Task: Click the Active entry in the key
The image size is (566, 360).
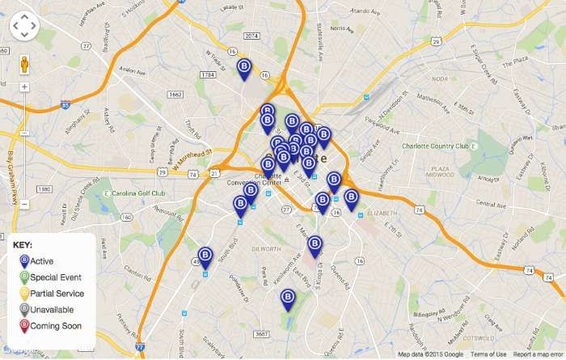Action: (41, 261)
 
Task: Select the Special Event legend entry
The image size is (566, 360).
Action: (55, 277)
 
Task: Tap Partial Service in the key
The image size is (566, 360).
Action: (57, 294)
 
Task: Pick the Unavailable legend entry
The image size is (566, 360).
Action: (52, 310)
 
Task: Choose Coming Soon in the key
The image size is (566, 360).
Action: (55, 326)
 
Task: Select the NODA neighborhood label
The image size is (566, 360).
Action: (440, 78)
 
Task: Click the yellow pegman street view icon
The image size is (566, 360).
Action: (24, 63)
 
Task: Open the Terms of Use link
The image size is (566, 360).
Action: (488, 354)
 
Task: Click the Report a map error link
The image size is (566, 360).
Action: (538, 354)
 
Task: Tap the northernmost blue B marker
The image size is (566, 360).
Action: (244, 68)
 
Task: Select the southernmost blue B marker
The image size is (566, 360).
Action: (288, 299)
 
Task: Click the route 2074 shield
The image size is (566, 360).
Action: (251, 36)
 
